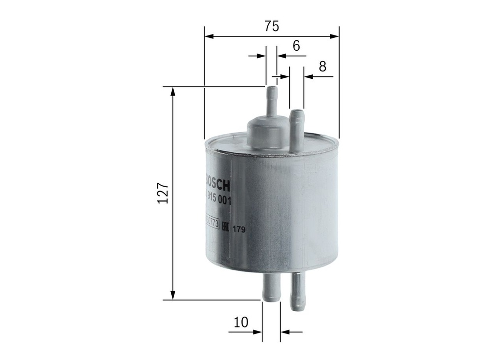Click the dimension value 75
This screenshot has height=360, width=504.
click(271, 27)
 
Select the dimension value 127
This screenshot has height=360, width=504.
click(163, 194)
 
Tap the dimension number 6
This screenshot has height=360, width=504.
click(296, 46)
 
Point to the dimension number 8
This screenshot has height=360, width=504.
click(322, 66)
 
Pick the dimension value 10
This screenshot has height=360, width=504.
click(241, 323)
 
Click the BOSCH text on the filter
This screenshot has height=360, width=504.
click(216, 182)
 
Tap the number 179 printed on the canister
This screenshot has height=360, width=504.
click(239, 229)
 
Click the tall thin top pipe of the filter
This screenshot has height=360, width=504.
click(271, 101)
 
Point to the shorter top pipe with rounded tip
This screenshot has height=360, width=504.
click(296, 131)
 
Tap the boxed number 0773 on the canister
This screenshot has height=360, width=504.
click(212, 222)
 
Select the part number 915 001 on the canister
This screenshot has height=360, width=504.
click(216, 199)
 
